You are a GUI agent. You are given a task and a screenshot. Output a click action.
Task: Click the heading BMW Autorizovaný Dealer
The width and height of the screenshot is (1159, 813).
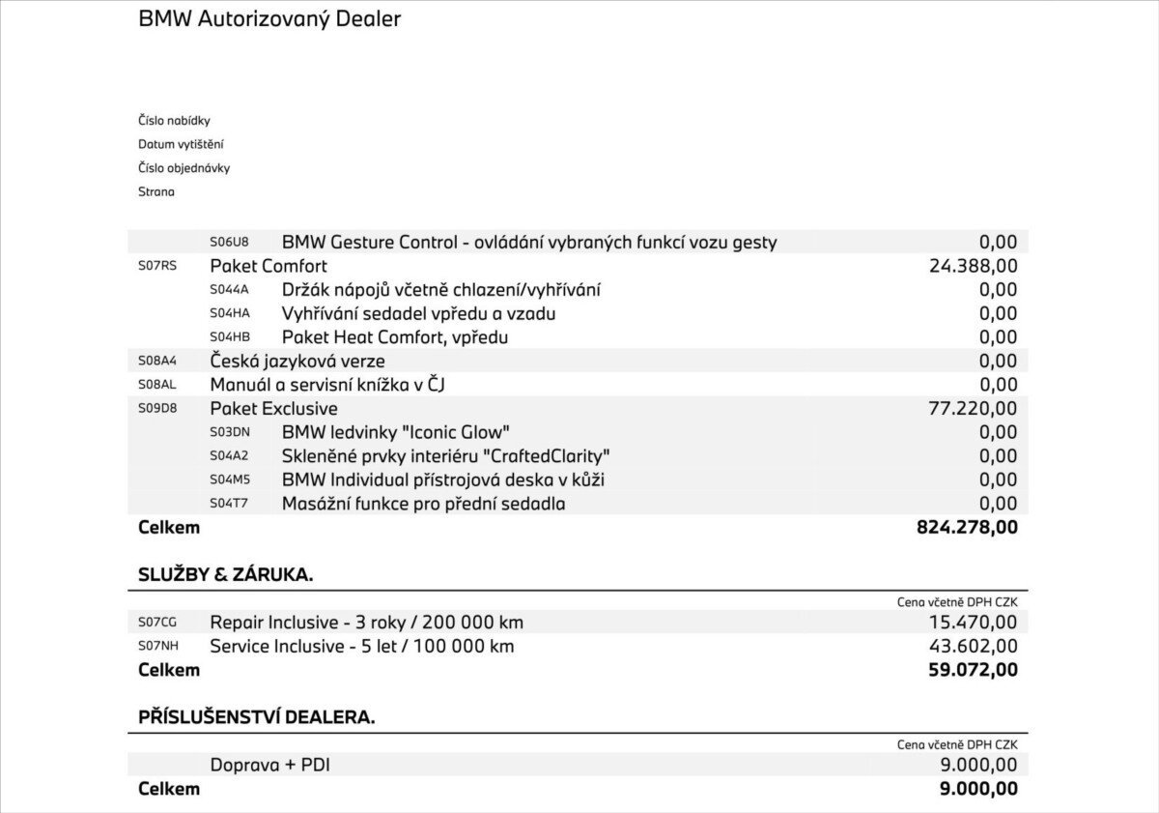pyautogui.click(x=269, y=18)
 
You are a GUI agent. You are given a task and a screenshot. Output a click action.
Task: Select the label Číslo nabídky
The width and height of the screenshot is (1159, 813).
pyautogui.click(x=174, y=121)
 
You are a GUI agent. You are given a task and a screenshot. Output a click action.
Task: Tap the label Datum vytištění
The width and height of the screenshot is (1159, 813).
pyautogui.click(x=181, y=144)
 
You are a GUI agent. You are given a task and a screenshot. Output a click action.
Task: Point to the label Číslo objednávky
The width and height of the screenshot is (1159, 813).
pyautogui.click(x=184, y=168)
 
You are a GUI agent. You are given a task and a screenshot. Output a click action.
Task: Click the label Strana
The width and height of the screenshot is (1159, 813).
pyautogui.click(x=156, y=191)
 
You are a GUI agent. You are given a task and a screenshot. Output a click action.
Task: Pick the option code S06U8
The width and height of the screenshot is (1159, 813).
pyautogui.click(x=229, y=243)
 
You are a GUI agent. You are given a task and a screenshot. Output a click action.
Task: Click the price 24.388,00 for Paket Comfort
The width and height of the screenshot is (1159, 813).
pyautogui.click(x=973, y=266)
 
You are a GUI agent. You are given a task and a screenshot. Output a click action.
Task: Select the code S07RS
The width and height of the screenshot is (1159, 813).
pyautogui.click(x=157, y=266)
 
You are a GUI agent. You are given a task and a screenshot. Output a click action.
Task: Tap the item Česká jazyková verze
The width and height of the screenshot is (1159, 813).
pyautogui.click(x=297, y=361)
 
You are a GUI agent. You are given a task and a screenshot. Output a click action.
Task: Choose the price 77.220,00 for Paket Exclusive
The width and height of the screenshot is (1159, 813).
pyautogui.click(x=973, y=408)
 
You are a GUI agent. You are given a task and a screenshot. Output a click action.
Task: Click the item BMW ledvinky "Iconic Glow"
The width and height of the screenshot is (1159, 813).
pyautogui.click(x=395, y=432)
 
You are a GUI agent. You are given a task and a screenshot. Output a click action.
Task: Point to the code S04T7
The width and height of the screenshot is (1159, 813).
pyautogui.click(x=229, y=504)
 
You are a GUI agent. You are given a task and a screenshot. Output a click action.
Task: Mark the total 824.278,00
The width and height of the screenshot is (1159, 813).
pyautogui.click(x=967, y=527)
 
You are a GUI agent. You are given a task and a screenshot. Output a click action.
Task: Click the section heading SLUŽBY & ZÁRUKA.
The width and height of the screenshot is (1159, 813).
pyautogui.click(x=226, y=574)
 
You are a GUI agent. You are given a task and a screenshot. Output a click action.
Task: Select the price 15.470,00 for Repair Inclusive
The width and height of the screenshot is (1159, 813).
pyautogui.click(x=973, y=623)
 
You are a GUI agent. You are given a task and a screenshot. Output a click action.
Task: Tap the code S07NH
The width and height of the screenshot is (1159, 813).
pyautogui.click(x=158, y=646)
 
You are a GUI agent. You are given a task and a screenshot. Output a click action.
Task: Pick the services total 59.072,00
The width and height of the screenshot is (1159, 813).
pyautogui.click(x=973, y=669)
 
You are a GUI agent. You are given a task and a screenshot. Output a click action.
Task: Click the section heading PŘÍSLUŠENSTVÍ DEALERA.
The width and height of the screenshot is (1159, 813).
pyautogui.click(x=257, y=717)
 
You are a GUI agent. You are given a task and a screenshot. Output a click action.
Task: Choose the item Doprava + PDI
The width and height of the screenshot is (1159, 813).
pyautogui.click(x=270, y=765)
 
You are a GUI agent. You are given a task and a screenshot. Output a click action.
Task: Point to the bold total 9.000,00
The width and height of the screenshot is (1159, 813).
pyautogui.click(x=978, y=789)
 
